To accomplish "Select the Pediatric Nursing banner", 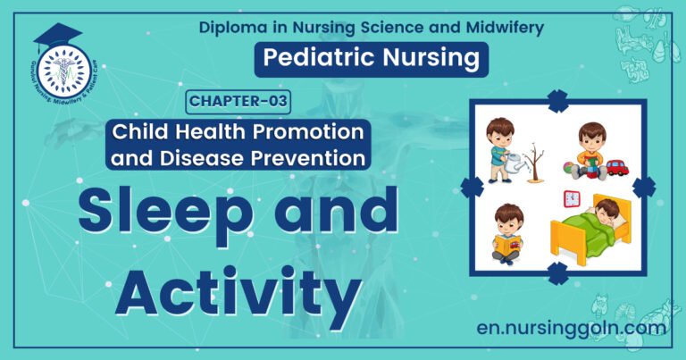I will (372, 60).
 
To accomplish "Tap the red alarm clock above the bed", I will (571, 198).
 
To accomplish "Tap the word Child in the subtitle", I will (139, 132).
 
